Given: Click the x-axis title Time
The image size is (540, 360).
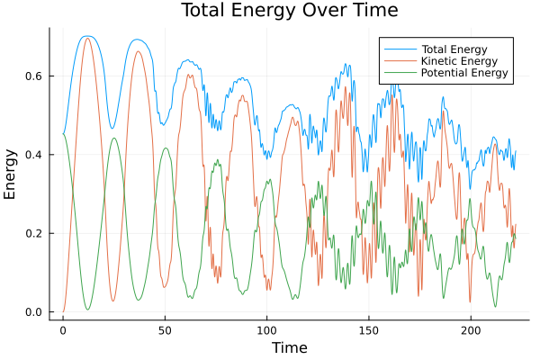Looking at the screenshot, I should coord(290,347).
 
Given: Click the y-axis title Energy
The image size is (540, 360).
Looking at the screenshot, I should coord(11,175).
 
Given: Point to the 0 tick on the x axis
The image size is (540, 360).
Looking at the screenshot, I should coord(63,330).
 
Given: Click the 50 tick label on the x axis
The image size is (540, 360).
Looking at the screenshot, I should coord(165,330).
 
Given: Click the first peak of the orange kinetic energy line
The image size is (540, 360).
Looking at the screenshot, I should coord(87,38).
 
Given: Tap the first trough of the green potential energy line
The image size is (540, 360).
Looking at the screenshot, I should coord(87,310).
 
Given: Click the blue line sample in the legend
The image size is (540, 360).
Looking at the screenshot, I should coord(397,47).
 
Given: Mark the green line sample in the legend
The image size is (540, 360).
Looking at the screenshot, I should coord(397,72).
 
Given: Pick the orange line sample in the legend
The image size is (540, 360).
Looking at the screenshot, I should coord(397,59).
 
